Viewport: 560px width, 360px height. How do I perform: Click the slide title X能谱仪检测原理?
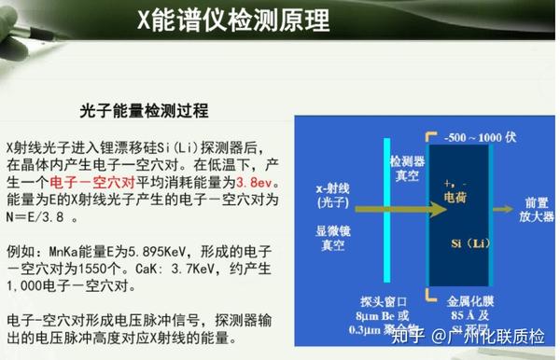click(x=279, y=18)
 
